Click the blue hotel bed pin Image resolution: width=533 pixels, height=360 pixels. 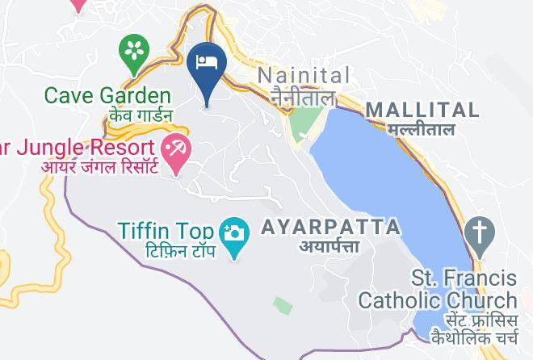pos(206,63)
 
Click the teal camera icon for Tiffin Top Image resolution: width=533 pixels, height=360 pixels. pos(235,232)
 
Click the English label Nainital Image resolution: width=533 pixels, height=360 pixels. pos(304,76)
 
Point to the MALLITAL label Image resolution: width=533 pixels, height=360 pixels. pos(422,110)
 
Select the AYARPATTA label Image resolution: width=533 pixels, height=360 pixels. pos(330,226)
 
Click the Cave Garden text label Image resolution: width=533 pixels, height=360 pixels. pos(107,96)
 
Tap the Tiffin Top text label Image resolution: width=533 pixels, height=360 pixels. pos(167,230)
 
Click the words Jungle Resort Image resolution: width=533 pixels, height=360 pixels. pos(88,148)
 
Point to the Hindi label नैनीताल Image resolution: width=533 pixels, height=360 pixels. pos(303,98)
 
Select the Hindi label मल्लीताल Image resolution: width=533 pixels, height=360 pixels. pos(420,128)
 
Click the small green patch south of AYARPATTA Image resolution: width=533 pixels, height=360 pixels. pos(282,305)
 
